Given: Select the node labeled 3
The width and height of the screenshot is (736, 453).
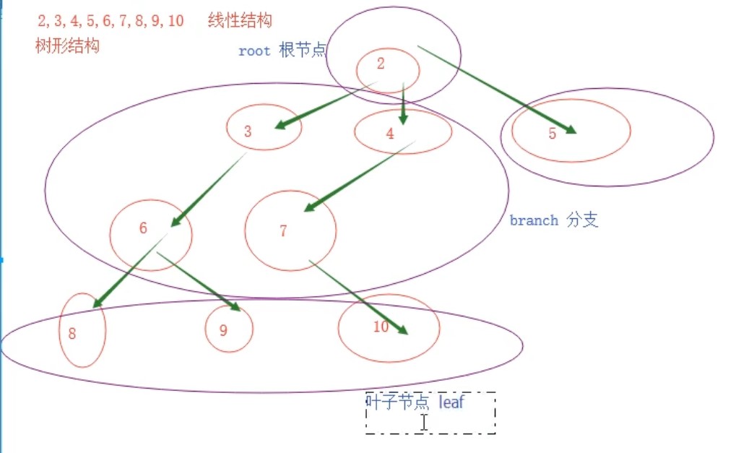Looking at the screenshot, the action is click(264, 129).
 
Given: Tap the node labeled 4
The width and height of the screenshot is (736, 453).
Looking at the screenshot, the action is click(402, 131).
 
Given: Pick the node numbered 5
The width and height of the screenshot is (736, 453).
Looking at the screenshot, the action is click(571, 130).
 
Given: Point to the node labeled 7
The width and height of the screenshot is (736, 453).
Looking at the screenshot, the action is click(290, 230).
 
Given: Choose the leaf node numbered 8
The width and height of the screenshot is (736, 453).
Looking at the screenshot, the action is click(82, 330).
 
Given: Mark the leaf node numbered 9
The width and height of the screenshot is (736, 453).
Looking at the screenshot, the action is click(229, 329).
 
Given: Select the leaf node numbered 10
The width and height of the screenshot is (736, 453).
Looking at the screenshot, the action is click(389, 327).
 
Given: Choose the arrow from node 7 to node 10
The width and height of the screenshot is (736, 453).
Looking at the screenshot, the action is click(358, 296).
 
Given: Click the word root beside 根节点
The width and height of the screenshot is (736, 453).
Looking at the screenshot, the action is click(254, 51).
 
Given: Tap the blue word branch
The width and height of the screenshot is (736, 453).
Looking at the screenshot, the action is click(534, 220).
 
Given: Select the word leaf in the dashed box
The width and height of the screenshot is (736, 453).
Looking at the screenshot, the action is click(451, 402).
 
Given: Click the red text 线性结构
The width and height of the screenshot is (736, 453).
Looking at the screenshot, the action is click(239, 20).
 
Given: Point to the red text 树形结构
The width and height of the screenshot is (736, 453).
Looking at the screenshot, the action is click(67, 46).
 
